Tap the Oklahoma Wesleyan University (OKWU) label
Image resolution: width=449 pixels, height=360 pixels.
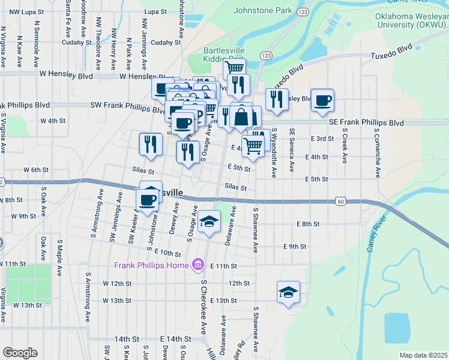click(412, 20)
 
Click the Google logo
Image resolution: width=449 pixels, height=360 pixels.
click(20, 353)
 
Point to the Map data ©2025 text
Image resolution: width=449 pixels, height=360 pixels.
click(423, 355)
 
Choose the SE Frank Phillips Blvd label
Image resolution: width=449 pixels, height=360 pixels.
click(366, 122)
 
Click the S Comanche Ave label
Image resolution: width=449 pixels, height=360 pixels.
click(378, 152)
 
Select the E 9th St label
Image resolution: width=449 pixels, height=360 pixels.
click(295, 247)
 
